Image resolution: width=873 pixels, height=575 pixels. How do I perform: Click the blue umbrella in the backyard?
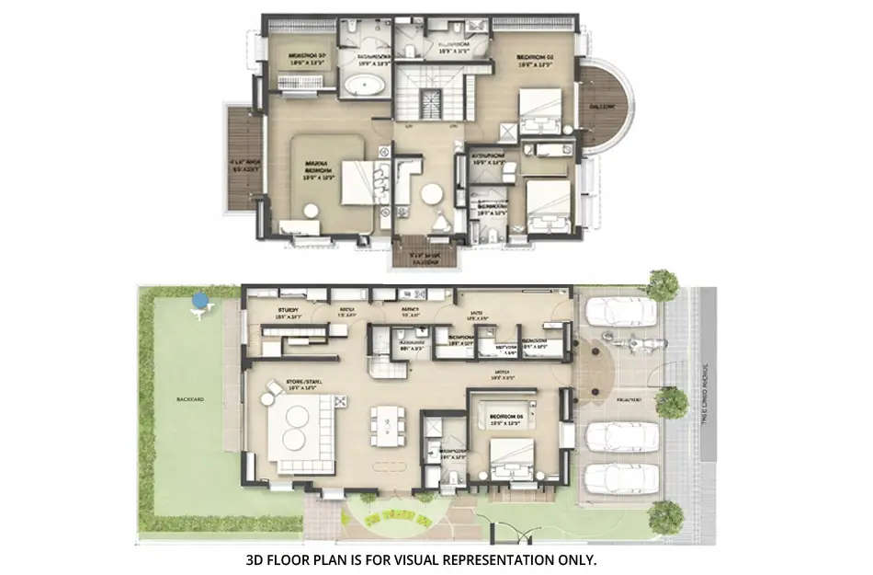point(199,299)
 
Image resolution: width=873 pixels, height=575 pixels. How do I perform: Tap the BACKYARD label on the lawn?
point(191,400)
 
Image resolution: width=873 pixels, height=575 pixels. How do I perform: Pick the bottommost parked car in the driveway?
point(620,479)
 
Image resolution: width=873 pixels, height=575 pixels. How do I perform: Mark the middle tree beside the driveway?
point(673,401)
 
